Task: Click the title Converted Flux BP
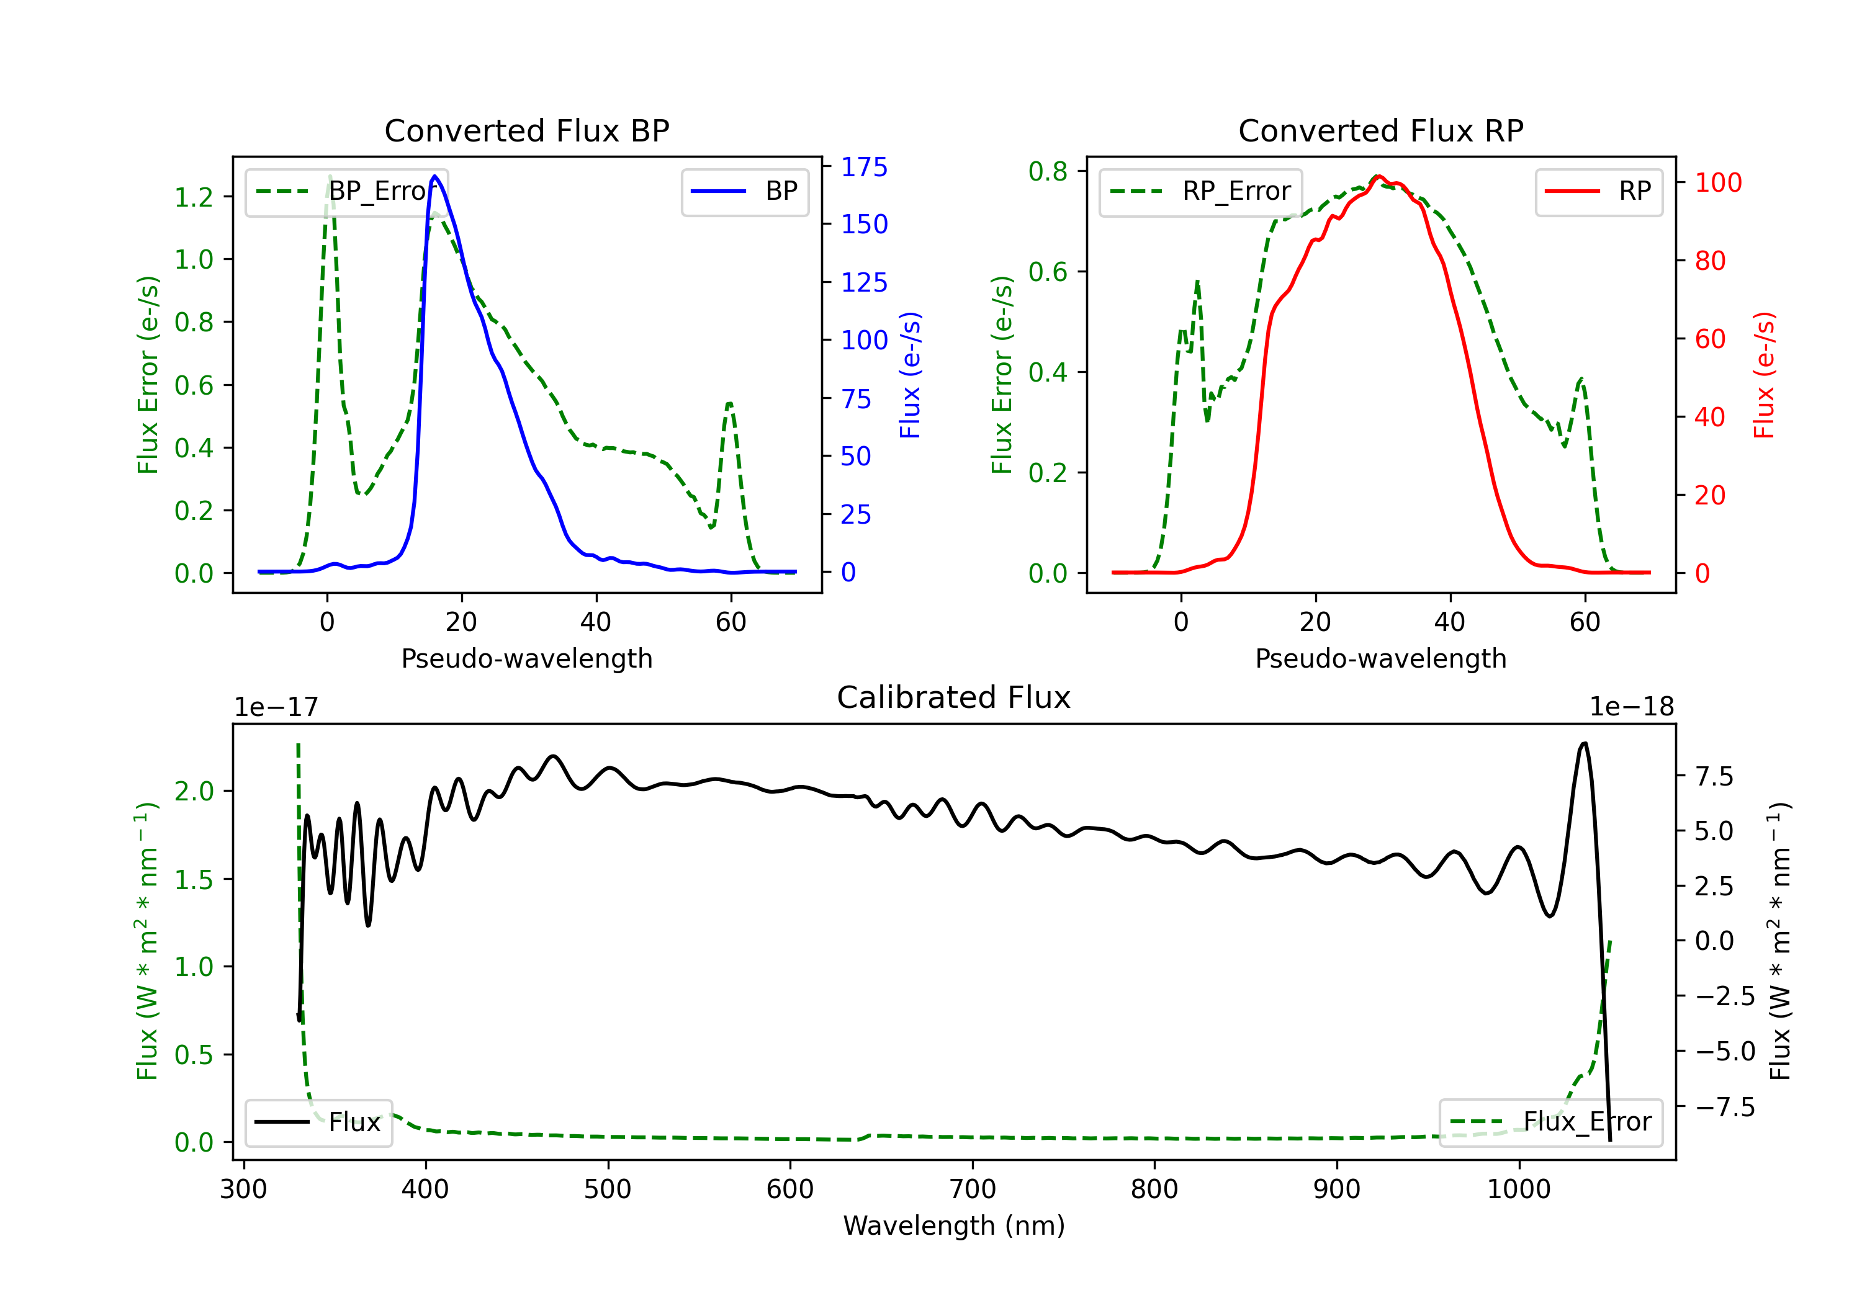[526, 130]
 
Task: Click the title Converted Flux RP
[1380, 130]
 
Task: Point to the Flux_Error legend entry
[1550, 1122]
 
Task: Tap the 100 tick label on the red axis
[1717, 182]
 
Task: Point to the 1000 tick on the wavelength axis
[1518, 1189]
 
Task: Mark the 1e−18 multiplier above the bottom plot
[1631, 707]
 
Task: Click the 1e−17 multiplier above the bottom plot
[277, 707]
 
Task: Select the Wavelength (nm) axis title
[954, 1225]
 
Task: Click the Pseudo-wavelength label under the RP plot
[1380, 658]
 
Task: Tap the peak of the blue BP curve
[436, 176]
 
